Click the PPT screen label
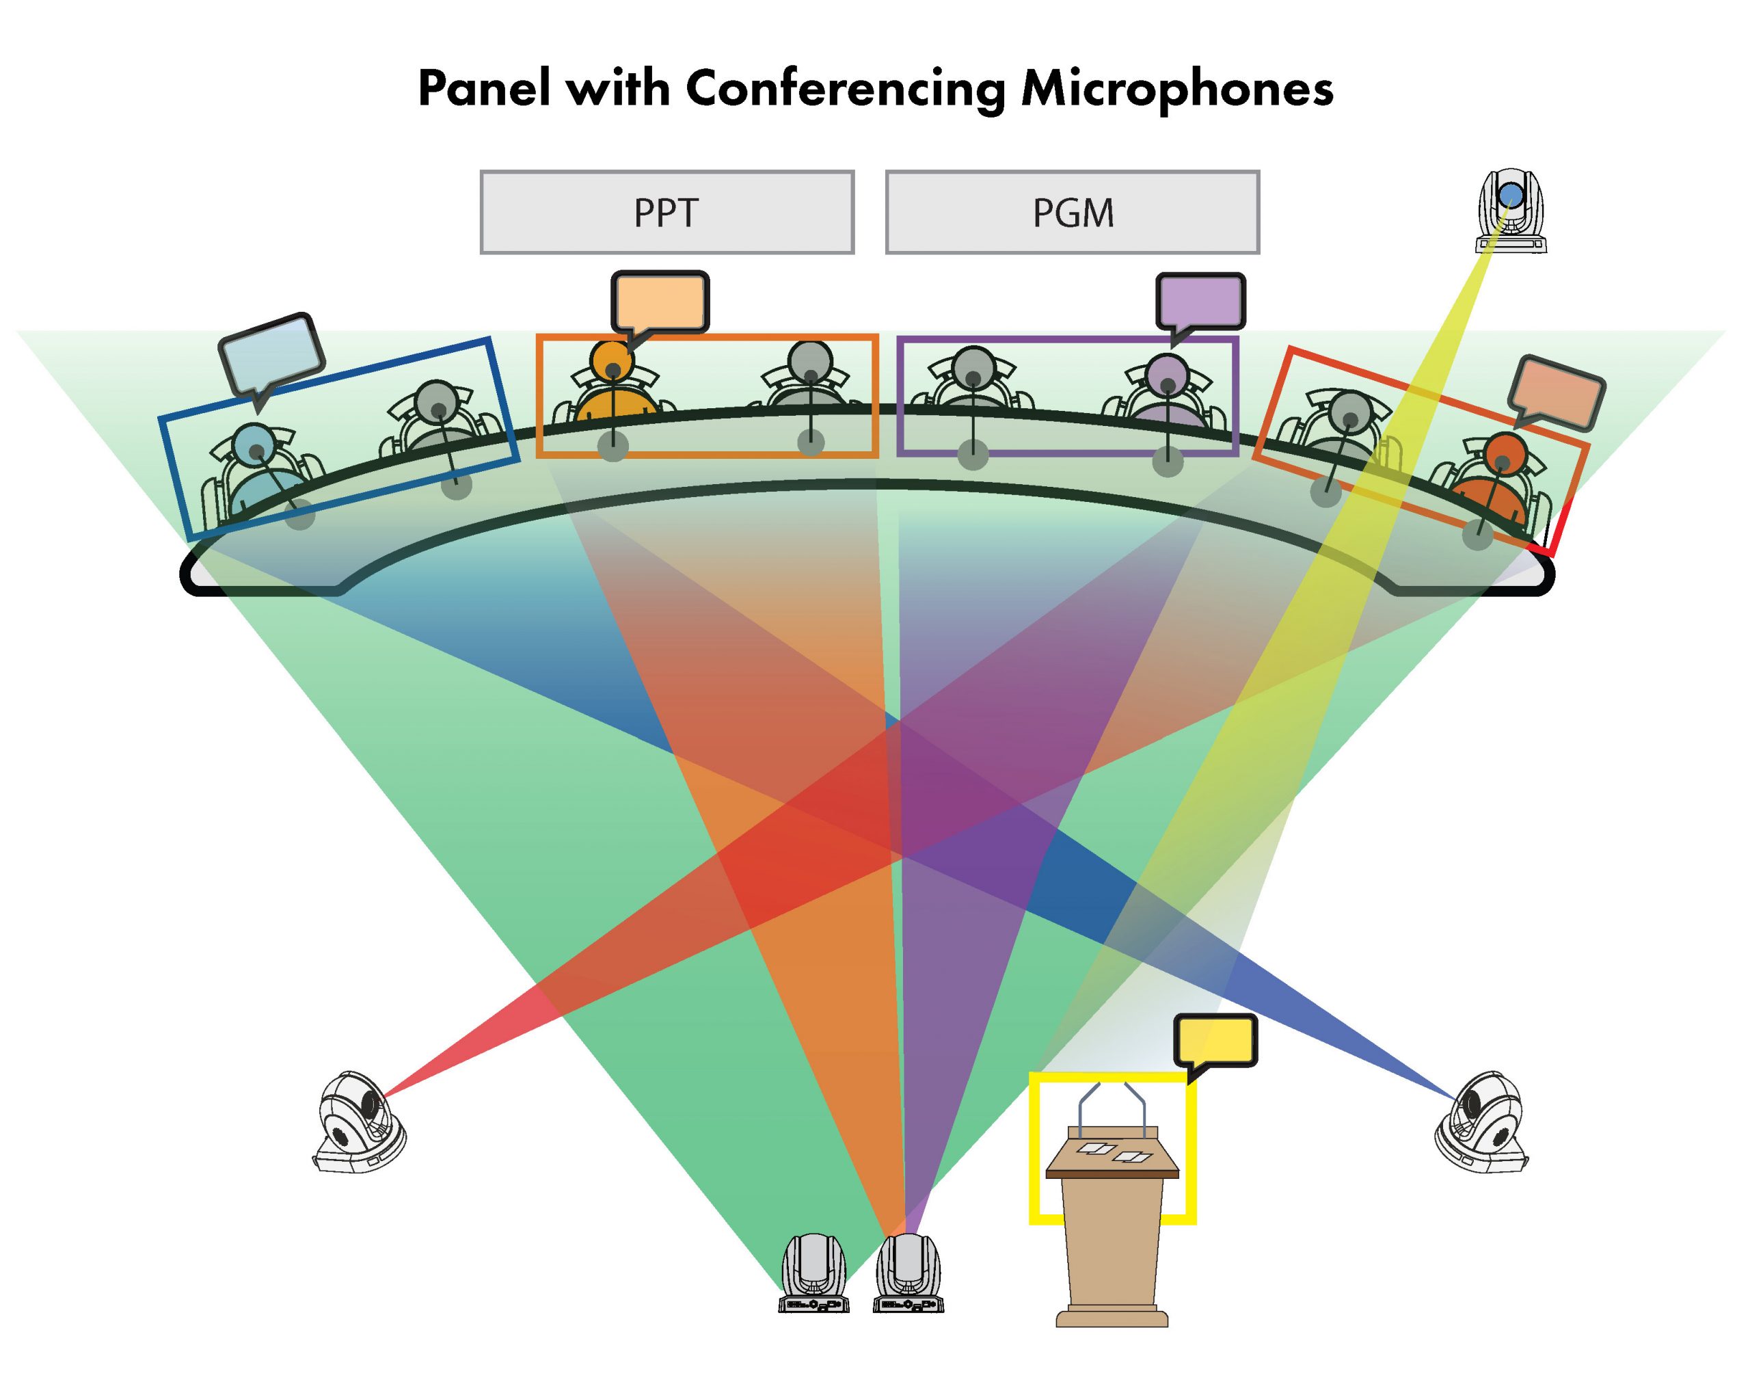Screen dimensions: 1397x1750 [x=666, y=213]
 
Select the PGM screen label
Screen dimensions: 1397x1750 [x=1073, y=213]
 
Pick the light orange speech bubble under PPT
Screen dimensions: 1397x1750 [x=660, y=302]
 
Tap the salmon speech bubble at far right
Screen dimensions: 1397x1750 [x=1556, y=394]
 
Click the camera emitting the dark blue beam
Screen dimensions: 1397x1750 [x=1482, y=1122]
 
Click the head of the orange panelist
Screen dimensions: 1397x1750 [x=612, y=360]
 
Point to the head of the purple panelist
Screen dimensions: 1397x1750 [x=1167, y=375]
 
